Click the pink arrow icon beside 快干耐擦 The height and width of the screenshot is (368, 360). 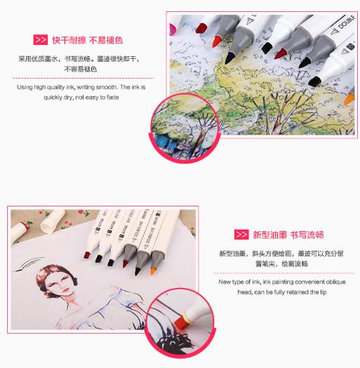coord(40,39)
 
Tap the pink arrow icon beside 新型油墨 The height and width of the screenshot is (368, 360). coord(241,235)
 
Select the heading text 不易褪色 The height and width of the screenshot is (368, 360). coord(106,40)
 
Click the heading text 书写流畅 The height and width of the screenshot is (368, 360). coord(307,235)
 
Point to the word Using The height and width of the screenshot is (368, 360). coord(25,87)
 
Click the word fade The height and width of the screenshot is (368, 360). coord(112,97)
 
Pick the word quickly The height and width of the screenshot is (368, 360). coord(53,98)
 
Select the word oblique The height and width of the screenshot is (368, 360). coord(336,282)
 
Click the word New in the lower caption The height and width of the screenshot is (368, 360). coord(224,282)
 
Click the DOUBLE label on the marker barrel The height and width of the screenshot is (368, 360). coord(346,22)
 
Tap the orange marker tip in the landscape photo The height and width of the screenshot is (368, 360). coord(349,98)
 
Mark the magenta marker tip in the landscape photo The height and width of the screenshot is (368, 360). coord(173,29)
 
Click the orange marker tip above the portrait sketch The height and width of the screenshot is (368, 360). coord(153,271)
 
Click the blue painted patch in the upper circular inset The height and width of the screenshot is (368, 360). coord(164,142)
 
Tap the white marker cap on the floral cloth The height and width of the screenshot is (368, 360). coord(52,221)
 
